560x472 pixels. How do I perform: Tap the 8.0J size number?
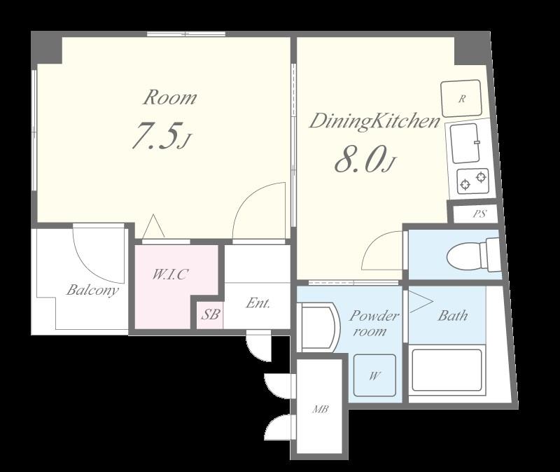365,159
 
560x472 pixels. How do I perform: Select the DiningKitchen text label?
374,121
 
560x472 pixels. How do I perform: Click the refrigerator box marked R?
461,99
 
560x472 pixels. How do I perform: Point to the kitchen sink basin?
464,144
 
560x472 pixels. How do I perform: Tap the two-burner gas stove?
473,181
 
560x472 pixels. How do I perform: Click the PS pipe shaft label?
479,214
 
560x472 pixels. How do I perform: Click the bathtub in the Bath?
447,370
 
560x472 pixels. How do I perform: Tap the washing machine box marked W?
374,375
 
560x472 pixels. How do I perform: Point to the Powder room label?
374,324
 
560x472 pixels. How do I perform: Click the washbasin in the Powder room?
319,327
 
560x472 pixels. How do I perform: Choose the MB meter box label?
321,409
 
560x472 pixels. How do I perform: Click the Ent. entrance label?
258,303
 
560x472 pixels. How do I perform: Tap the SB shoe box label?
210,314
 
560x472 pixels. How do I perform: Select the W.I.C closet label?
170,275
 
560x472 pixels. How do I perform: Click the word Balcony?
92,290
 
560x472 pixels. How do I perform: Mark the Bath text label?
452,316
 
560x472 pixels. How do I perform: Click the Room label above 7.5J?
169,97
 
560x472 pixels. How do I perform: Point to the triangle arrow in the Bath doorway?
421,303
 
